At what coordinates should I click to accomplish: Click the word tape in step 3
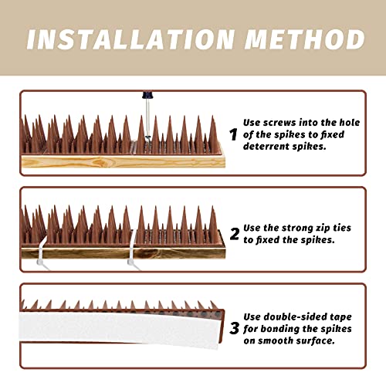coord(345,315)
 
